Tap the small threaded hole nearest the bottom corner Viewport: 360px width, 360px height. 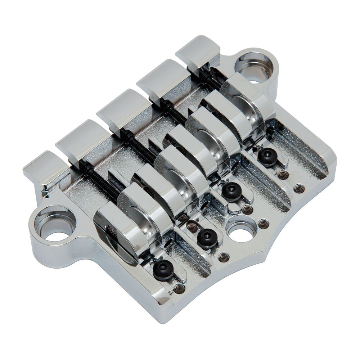[179, 288]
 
